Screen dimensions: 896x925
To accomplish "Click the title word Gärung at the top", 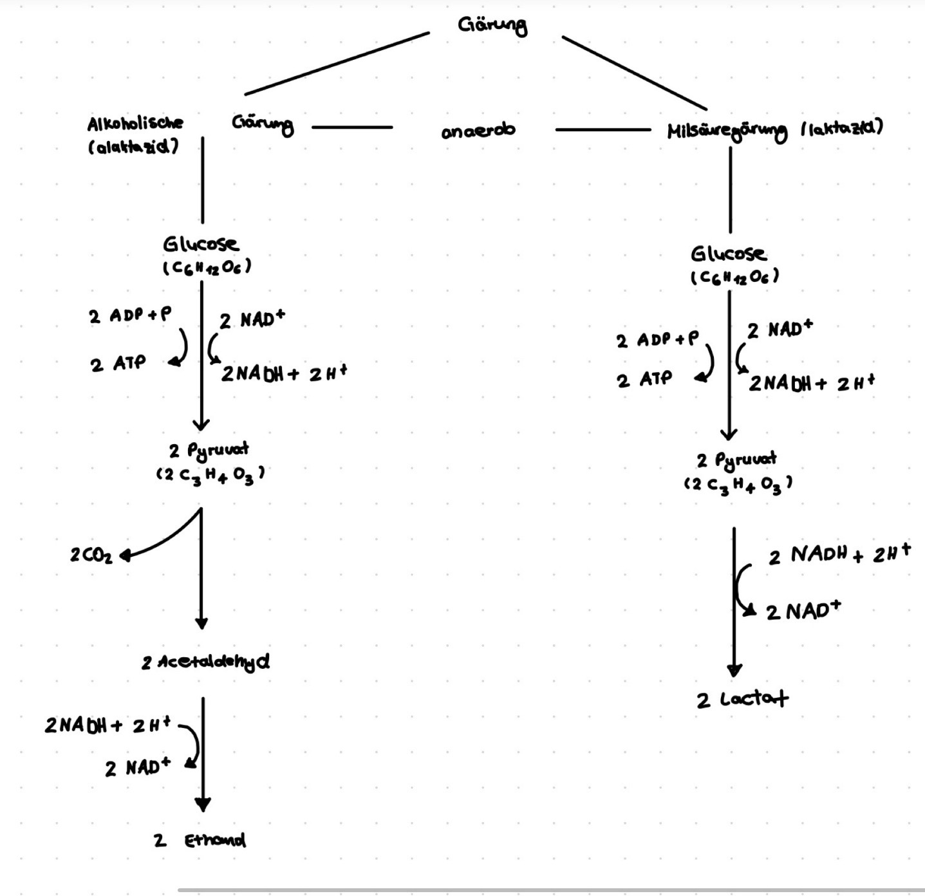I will pyautogui.click(x=492, y=26).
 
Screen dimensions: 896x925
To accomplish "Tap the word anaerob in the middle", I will pyautogui.click(x=478, y=130).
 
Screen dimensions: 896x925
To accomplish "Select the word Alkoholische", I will pyautogui.click(x=135, y=122).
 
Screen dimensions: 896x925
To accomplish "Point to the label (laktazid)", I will pyautogui.click(x=842, y=127).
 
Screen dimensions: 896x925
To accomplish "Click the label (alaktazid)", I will pyautogui.click(x=133, y=147).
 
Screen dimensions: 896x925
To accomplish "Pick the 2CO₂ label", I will pyautogui.click(x=91, y=555).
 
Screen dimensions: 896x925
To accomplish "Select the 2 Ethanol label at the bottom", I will pyautogui.click(x=200, y=840).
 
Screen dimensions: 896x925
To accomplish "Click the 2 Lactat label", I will pyautogui.click(x=742, y=699).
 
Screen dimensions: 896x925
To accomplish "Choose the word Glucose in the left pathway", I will pyautogui.click(x=201, y=244).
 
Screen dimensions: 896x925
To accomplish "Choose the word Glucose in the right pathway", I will pyautogui.click(x=729, y=254).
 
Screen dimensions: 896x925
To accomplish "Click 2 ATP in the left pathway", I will pyautogui.click(x=118, y=364).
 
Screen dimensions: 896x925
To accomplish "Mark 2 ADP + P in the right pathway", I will pyautogui.click(x=657, y=340).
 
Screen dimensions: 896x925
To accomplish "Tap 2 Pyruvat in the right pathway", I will pyautogui.click(x=737, y=460).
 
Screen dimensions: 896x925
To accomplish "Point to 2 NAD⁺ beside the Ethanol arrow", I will pyautogui.click(x=138, y=767).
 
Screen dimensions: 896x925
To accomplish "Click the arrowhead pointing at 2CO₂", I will pyautogui.click(x=125, y=555).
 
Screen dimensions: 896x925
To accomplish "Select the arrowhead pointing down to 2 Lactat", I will pyautogui.click(x=734, y=671).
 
